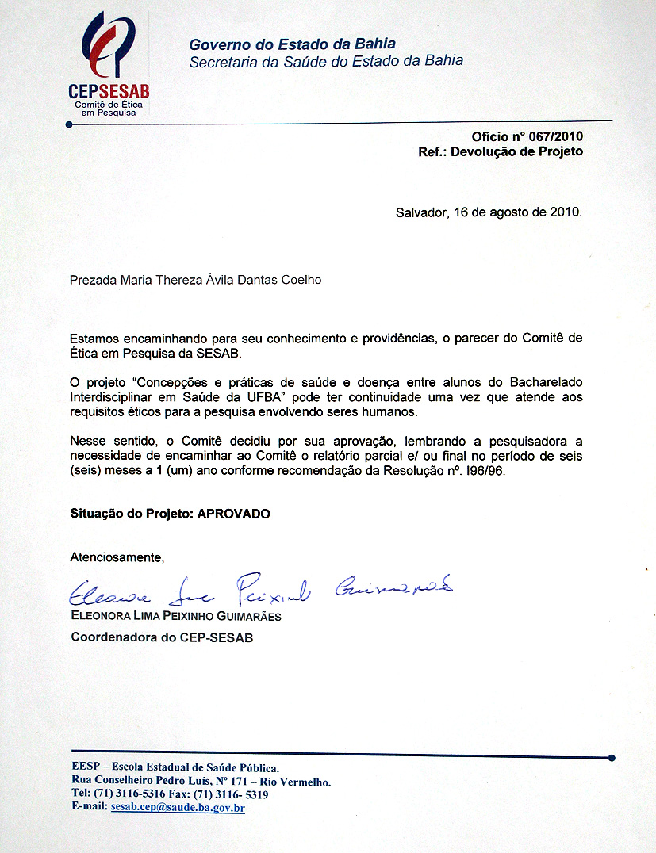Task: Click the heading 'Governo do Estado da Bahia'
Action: (292, 44)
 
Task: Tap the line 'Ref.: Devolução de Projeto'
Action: (500, 151)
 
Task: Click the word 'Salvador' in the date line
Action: (421, 212)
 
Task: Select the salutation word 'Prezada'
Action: (94, 280)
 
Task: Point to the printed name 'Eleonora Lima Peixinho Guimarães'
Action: (176, 617)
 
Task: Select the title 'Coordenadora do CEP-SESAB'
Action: (162, 637)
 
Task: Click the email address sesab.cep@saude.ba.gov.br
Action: (177, 808)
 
